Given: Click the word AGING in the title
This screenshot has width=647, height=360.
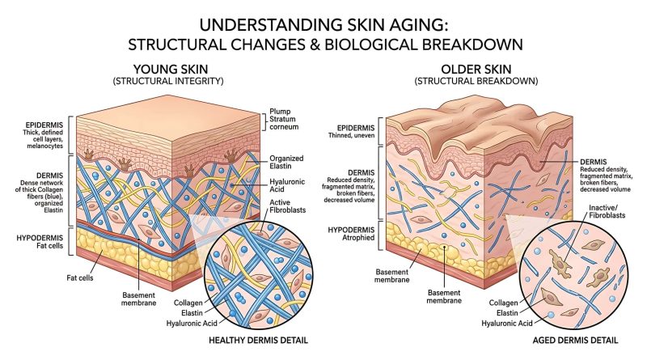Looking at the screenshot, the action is click(408, 25).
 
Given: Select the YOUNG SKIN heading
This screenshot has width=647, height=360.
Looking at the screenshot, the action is click(171, 69).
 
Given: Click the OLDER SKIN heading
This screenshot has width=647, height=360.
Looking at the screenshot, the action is click(476, 69).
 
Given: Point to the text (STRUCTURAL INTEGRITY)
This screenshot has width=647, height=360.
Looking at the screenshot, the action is click(168, 81).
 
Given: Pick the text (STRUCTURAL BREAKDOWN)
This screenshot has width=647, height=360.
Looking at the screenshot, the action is click(476, 81).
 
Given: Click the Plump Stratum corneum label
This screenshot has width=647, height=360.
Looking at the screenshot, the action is click(284, 119).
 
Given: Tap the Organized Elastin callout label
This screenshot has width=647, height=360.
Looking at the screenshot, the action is click(286, 163).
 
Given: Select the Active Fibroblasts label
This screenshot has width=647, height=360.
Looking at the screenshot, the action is click(288, 206).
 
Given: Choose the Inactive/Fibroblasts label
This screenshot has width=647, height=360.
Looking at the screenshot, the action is click(607, 211).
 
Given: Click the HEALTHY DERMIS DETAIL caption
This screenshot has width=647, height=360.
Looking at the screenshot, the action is click(258, 341).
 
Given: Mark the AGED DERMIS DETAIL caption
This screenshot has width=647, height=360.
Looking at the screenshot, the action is click(575, 341).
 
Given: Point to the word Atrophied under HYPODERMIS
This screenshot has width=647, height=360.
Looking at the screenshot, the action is click(358, 238).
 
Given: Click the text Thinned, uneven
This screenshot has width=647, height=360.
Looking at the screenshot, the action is click(352, 135).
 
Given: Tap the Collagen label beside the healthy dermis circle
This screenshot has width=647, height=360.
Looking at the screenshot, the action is click(188, 303).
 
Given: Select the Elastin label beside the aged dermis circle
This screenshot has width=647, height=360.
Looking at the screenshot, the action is click(507, 313).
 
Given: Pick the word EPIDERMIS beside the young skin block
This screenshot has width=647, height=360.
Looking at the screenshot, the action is click(44, 125).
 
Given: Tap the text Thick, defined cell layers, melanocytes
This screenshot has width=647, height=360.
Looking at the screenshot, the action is click(43, 139).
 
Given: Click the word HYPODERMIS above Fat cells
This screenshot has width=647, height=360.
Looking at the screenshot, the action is click(40, 238).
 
